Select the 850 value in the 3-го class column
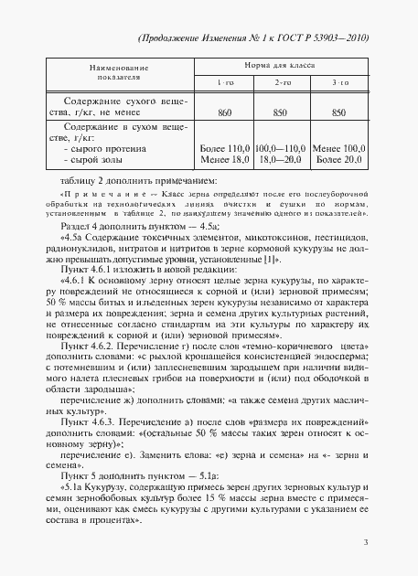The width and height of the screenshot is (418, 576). tap(338, 111)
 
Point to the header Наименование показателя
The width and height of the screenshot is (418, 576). tap(113, 74)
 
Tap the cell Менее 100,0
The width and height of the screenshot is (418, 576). tap(338, 146)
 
